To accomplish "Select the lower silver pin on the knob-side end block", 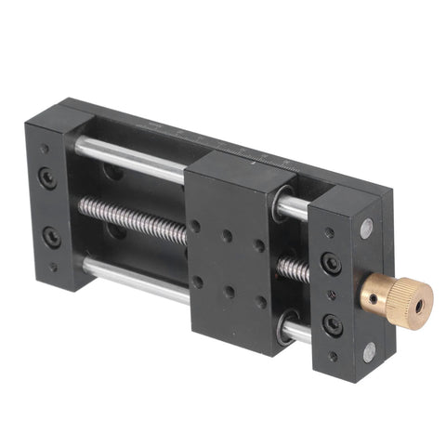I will (369, 351).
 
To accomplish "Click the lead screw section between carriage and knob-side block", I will (295, 270).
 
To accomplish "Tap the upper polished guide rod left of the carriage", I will (130, 160).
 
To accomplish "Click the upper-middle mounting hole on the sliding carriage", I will (228, 236).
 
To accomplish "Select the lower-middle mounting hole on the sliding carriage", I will (229, 291).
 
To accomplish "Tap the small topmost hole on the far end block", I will (42, 148).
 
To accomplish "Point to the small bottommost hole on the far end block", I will (53, 267).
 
